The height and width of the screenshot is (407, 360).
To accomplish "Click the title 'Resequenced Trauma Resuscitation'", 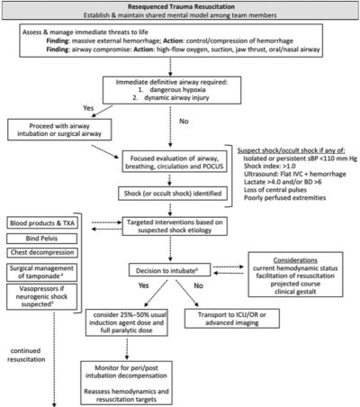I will click(180, 7).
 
